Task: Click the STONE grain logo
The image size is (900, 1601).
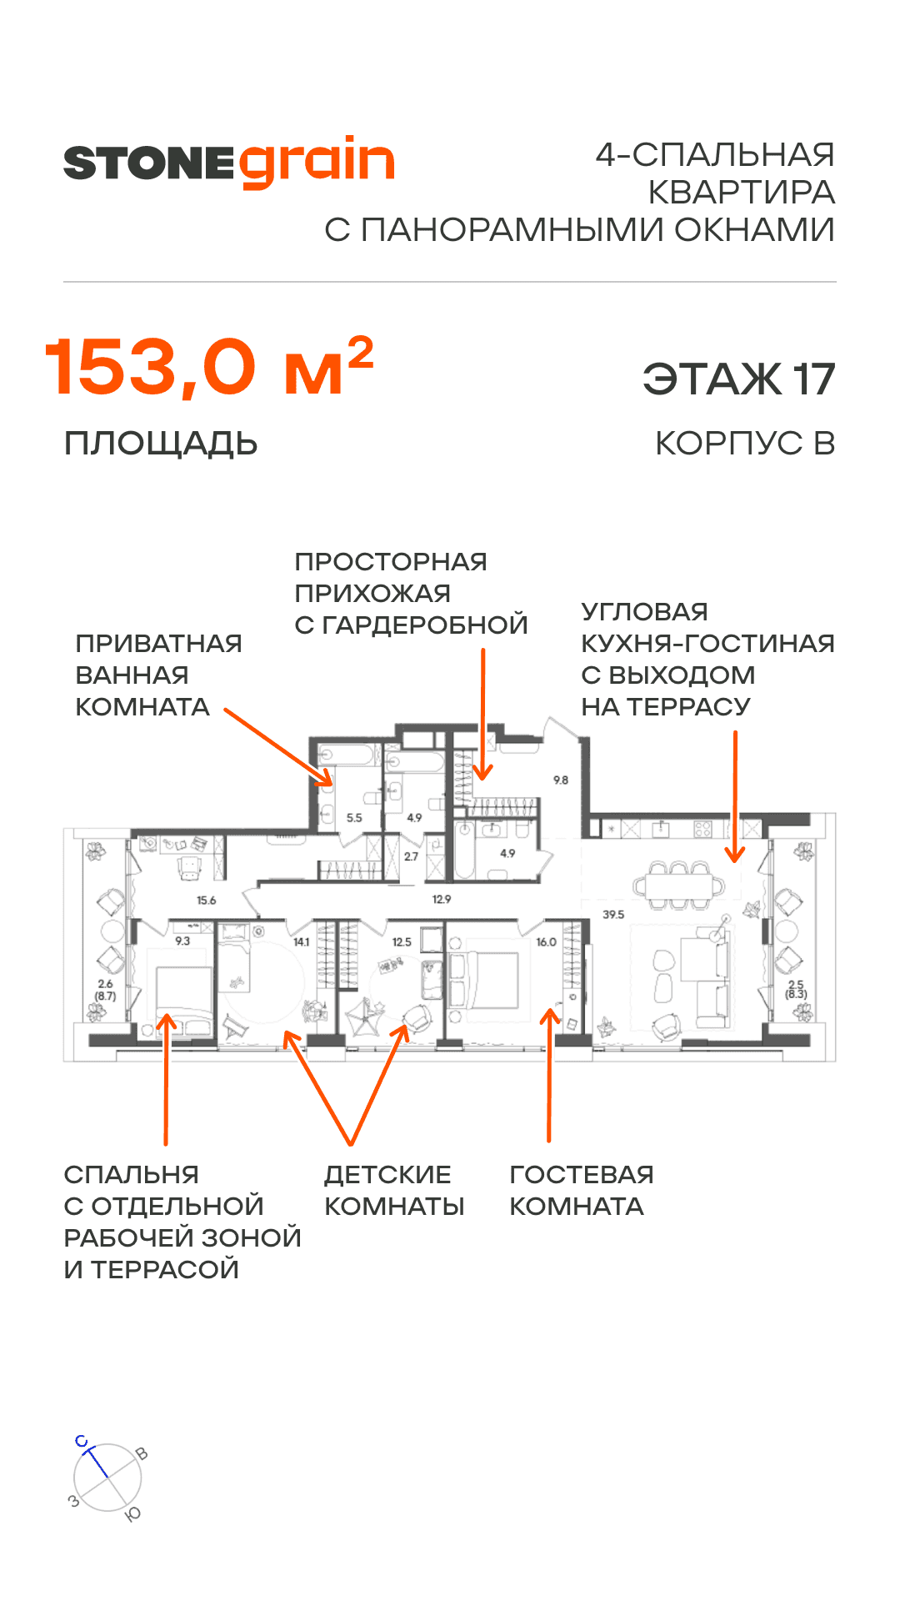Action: (x=229, y=162)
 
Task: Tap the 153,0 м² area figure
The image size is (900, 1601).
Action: (x=208, y=368)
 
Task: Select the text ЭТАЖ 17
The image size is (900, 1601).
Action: (x=738, y=379)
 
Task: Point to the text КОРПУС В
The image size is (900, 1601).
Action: (x=745, y=444)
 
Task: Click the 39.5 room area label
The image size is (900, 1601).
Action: (x=613, y=915)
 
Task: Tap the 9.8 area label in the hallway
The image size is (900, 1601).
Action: (x=561, y=780)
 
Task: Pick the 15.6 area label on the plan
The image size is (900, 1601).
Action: (x=207, y=901)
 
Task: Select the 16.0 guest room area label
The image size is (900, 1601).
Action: (x=546, y=942)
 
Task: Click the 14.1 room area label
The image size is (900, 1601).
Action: (x=301, y=942)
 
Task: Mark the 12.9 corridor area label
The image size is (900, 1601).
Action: (x=442, y=900)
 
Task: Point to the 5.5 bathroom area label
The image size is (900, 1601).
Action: (x=354, y=818)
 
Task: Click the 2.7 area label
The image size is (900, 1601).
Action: (x=411, y=856)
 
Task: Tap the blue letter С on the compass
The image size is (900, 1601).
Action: (x=82, y=1442)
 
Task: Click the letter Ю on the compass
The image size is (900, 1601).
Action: (x=132, y=1514)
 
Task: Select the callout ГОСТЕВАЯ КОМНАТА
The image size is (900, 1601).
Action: (x=581, y=1190)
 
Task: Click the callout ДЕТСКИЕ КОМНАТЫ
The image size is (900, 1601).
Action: (x=393, y=1190)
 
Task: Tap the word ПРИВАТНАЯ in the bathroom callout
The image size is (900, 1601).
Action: (x=158, y=644)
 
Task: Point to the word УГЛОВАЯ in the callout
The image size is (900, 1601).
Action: (x=644, y=612)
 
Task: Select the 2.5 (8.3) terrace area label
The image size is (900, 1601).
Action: (x=796, y=990)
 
